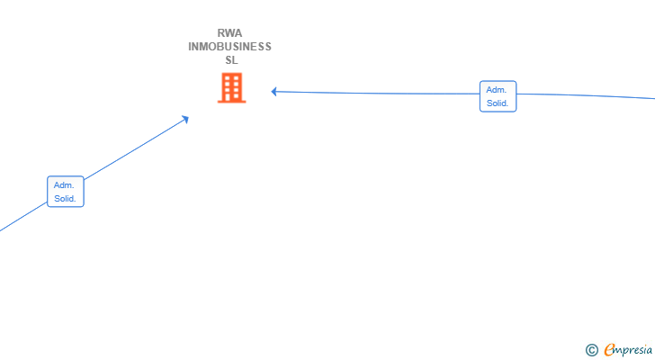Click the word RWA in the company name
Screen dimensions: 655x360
tap(229, 33)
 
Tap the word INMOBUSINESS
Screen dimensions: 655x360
tap(229, 47)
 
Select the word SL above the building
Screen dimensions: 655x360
tap(231, 60)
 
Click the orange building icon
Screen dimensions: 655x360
tap(232, 87)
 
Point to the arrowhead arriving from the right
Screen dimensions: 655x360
tap(274, 92)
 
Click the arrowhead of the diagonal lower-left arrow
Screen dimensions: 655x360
tap(185, 120)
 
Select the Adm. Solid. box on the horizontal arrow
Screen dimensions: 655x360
tap(498, 96)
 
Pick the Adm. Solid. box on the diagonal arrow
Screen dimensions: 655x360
tap(66, 192)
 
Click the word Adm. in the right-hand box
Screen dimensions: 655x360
tap(497, 90)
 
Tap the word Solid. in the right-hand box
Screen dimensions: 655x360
tap(498, 103)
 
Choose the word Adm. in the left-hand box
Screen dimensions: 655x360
tap(64, 185)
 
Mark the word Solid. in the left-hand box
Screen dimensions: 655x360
tap(65, 198)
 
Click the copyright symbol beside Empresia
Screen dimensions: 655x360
tap(592, 350)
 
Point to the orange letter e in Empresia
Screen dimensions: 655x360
tap(609, 350)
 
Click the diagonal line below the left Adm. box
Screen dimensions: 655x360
tap(23, 217)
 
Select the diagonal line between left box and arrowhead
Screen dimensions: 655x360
tap(135, 149)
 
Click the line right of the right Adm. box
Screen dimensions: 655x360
tap(586, 96)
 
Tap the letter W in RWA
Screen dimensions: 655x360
tap(229, 33)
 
